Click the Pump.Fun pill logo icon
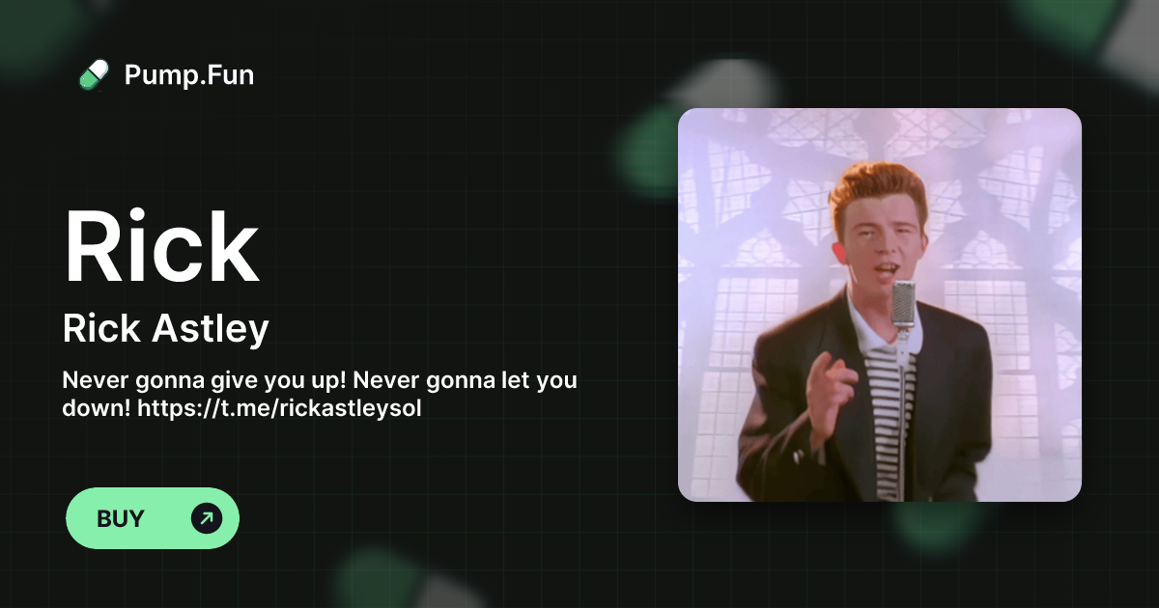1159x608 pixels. [x=94, y=74]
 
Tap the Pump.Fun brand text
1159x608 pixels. [x=189, y=74]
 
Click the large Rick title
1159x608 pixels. [x=160, y=246]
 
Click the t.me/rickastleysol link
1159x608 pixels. [x=280, y=407]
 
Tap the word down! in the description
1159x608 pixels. [x=96, y=407]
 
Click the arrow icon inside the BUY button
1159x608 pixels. [x=206, y=519]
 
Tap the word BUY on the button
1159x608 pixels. [x=121, y=519]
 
